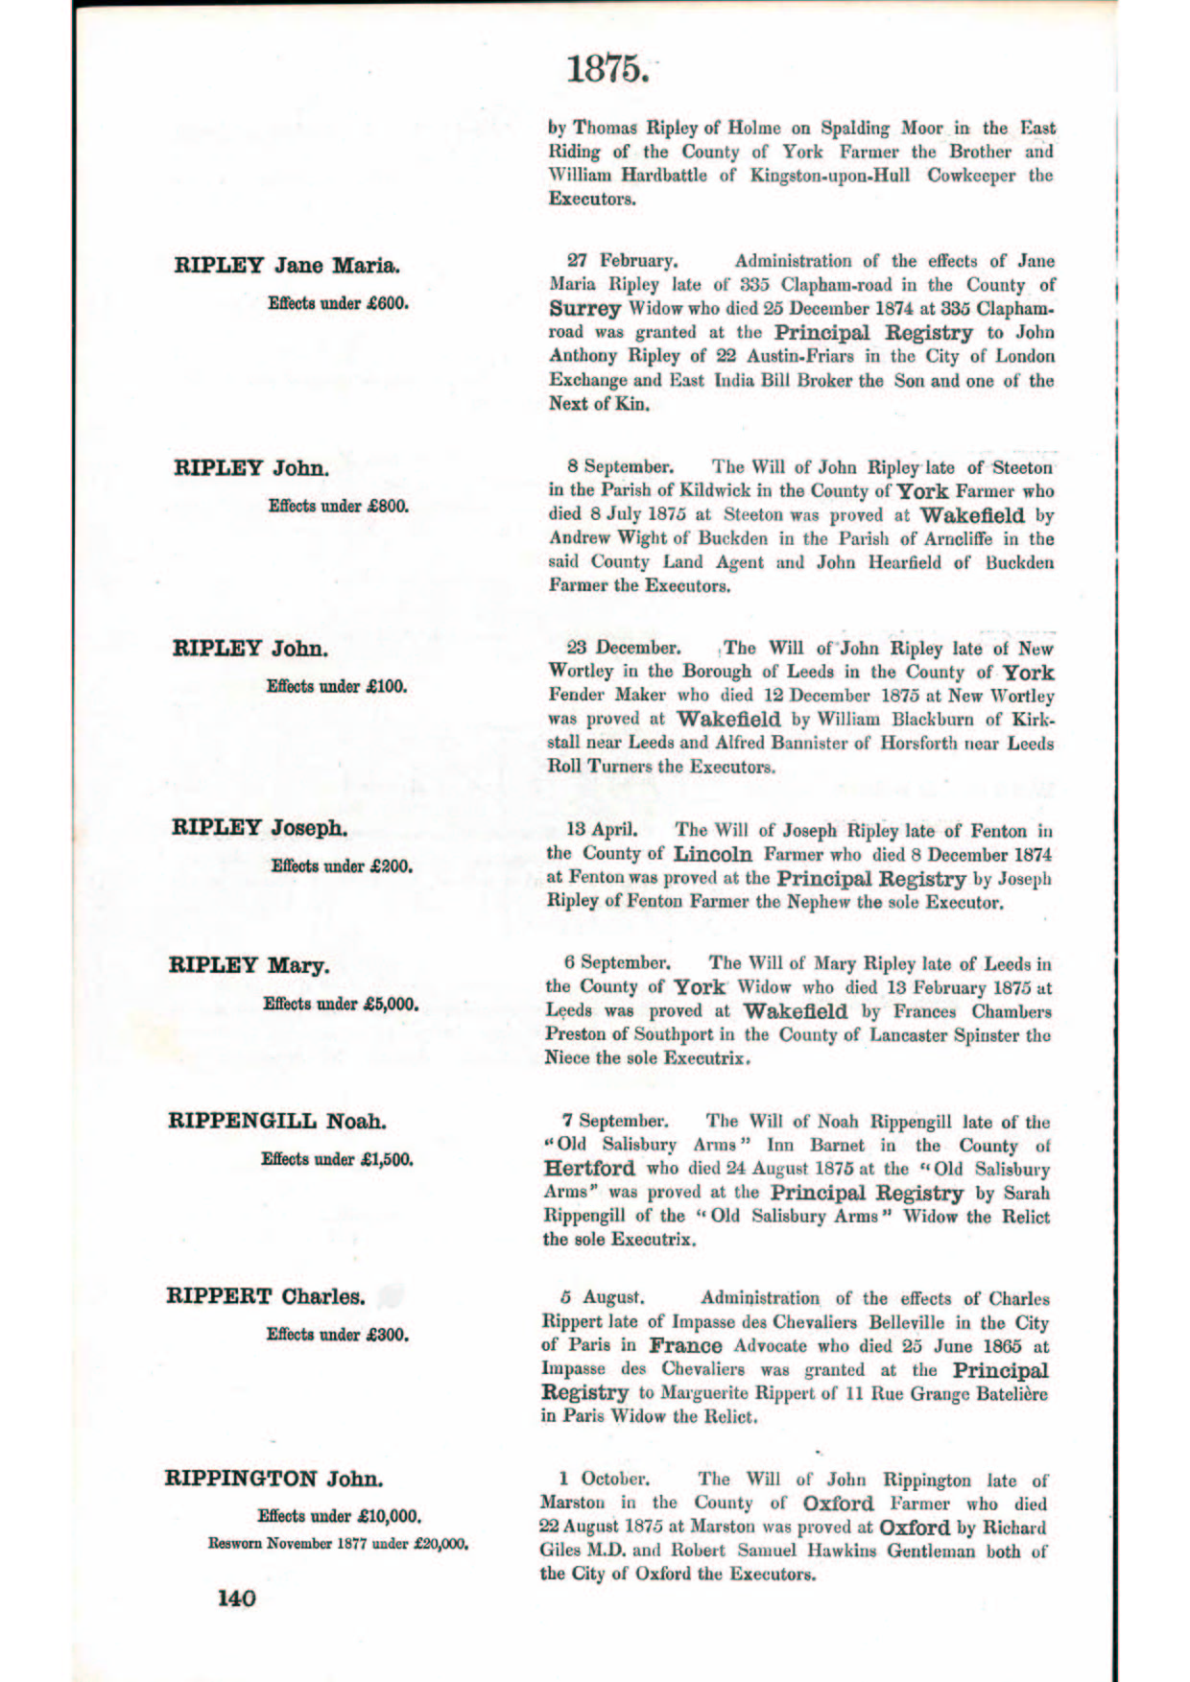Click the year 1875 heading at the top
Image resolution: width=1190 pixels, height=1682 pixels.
[x=606, y=69]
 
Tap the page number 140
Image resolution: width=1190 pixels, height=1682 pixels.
[x=237, y=1598]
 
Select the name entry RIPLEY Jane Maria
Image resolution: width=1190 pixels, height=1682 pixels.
[x=287, y=265]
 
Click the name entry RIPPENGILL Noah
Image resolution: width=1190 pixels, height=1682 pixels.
[x=277, y=1121]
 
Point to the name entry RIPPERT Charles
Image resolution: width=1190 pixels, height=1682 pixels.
[x=266, y=1297]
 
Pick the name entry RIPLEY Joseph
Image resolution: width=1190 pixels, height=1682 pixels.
[x=260, y=827]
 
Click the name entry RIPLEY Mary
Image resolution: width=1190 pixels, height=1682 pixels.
[x=249, y=965]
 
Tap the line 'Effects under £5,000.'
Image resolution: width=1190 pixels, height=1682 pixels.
[x=341, y=1005]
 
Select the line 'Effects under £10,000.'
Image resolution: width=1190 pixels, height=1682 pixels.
[x=339, y=1516]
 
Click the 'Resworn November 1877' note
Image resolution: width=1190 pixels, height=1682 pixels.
[x=338, y=1544]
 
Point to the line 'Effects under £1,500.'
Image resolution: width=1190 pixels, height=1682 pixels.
[x=337, y=1159]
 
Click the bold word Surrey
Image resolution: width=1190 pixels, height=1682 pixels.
[x=584, y=309]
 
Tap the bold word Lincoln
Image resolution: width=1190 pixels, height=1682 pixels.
[x=712, y=854]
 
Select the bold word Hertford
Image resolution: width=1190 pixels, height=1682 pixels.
[x=589, y=1169]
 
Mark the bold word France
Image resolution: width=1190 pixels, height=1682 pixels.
[x=685, y=1345]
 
